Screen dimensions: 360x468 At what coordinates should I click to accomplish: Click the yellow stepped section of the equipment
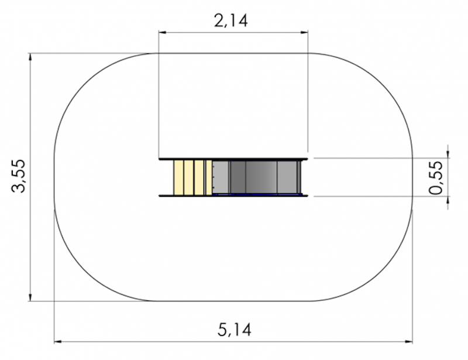[192, 177]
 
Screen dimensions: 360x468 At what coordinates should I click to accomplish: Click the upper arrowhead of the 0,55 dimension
[449, 154]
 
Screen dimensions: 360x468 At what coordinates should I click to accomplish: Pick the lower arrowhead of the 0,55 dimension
[449, 200]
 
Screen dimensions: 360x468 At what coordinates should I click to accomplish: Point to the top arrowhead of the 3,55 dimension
[30, 57]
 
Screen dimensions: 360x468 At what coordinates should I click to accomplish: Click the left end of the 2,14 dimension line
[160, 33]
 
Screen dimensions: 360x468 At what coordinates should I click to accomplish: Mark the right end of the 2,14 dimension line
[307, 33]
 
